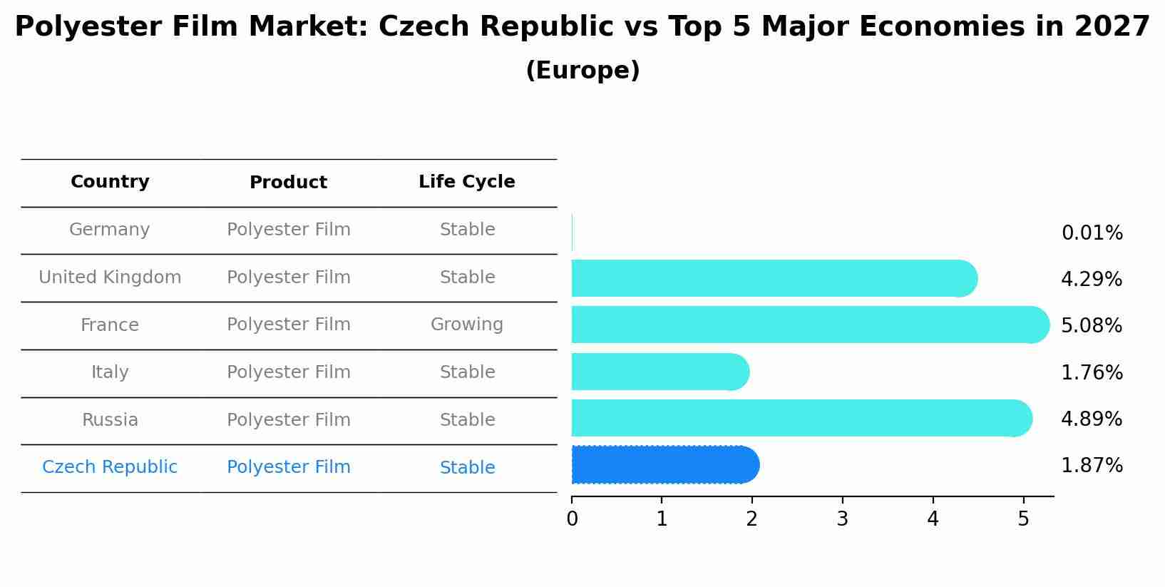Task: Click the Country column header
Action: coord(110,182)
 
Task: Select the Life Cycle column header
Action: coord(466,182)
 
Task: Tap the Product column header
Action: coord(288,183)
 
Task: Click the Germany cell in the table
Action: coord(110,230)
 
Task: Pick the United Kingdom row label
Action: coord(110,277)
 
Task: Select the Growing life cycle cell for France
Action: coord(466,325)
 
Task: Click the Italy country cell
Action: coord(110,372)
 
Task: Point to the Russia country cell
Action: coord(110,420)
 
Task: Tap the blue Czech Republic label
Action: coord(110,467)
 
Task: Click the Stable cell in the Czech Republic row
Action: coord(467,468)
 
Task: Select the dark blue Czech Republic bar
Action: coord(663,465)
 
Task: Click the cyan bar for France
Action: coord(806,325)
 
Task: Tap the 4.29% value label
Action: coord(1092,280)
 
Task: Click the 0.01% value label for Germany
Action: coord(1092,233)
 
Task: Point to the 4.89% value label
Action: coord(1092,419)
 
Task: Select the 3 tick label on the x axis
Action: coord(842,519)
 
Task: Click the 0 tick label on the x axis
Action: coord(572,519)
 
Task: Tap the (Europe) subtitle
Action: coord(582,71)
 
